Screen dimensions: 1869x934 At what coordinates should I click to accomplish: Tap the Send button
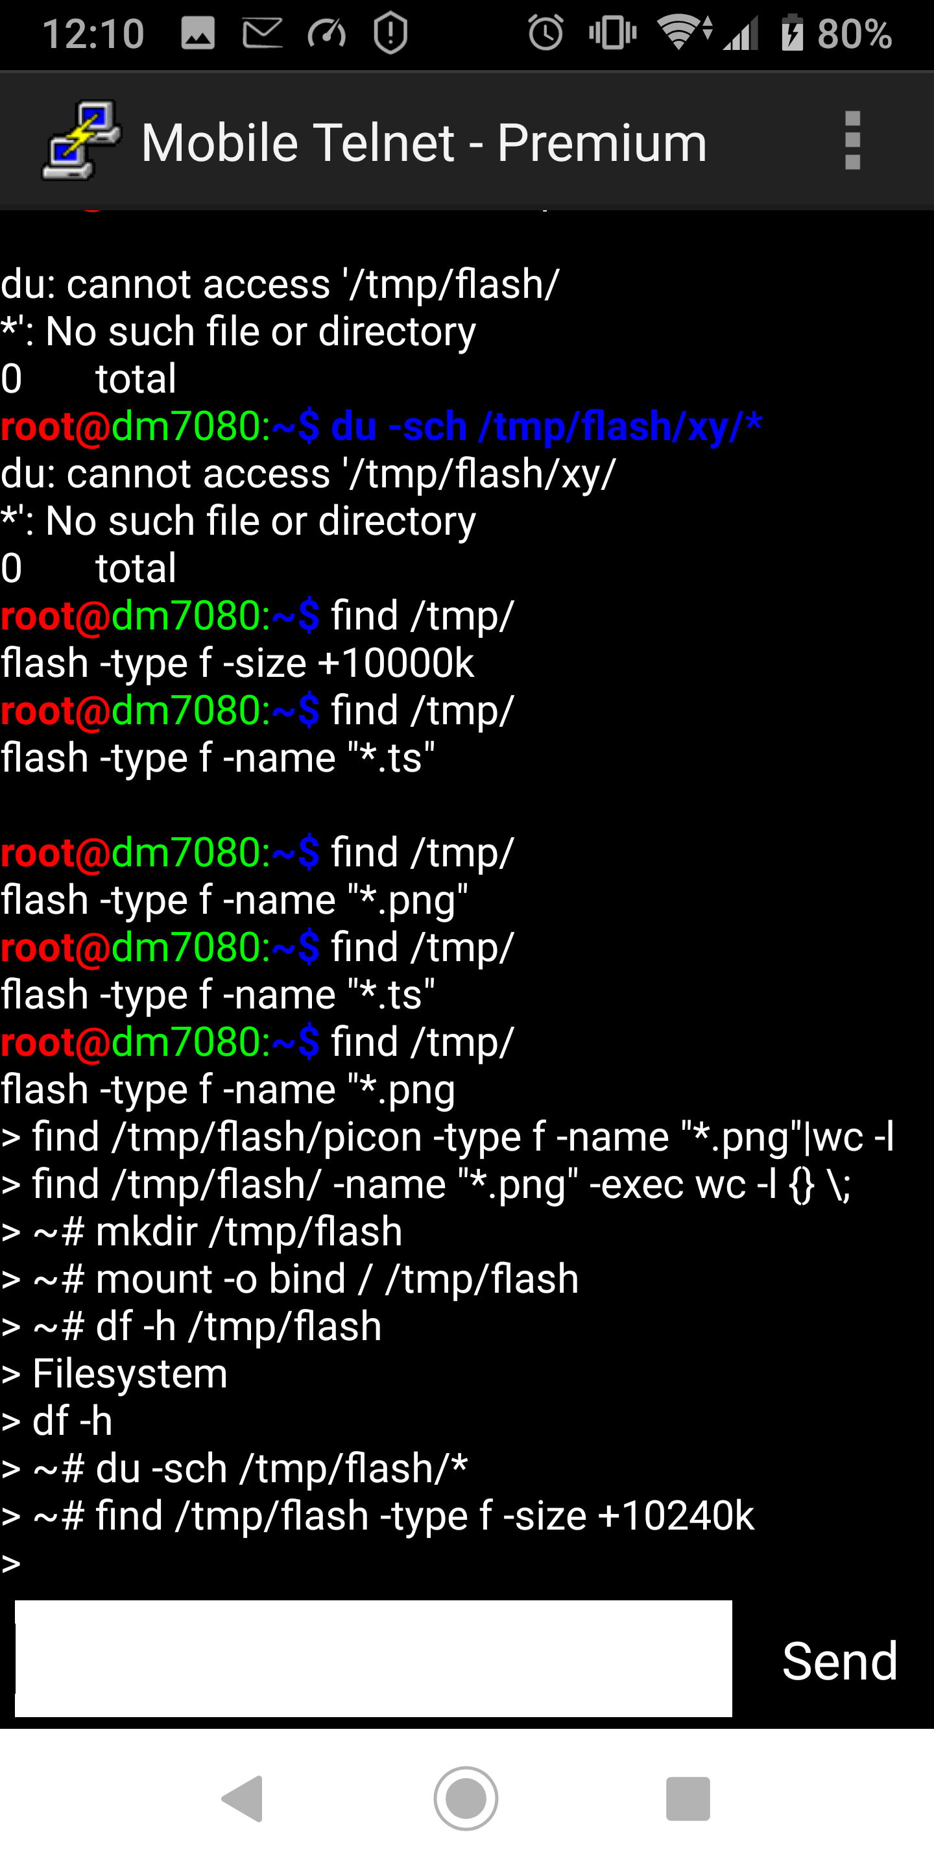tap(839, 1661)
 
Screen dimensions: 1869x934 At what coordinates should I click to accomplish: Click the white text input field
tap(373, 1658)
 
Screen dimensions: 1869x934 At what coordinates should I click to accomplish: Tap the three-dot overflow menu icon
tap(852, 141)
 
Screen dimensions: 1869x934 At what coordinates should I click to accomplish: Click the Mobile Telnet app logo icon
tap(81, 141)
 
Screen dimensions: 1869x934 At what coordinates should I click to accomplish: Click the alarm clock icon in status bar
tap(545, 33)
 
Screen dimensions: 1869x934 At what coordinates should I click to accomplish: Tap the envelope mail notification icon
tap(262, 33)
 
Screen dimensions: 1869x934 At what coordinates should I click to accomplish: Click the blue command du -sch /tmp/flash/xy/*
tap(546, 426)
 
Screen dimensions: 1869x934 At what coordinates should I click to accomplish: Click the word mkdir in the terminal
tap(147, 1231)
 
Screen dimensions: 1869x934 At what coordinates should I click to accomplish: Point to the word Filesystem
tap(130, 1373)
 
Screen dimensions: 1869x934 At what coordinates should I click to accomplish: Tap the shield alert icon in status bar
tap(390, 33)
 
